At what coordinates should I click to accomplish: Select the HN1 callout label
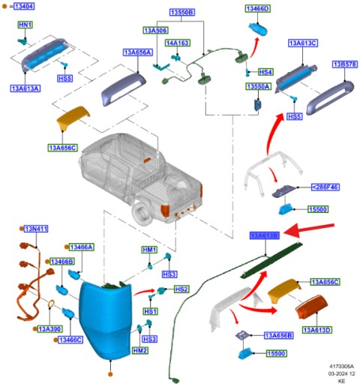(25, 25)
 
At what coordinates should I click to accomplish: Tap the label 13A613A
(25, 88)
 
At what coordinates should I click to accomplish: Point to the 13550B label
(181, 13)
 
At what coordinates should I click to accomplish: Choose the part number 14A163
(178, 43)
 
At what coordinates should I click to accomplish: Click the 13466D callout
(258, 8)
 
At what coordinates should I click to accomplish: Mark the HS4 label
(265, 72)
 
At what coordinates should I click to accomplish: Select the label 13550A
(257, 87)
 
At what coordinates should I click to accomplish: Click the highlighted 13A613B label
(264, 235)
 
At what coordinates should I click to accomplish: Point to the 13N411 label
(36, 228)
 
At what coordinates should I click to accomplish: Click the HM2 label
(139, 350)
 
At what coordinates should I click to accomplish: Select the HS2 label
(181, 289)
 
